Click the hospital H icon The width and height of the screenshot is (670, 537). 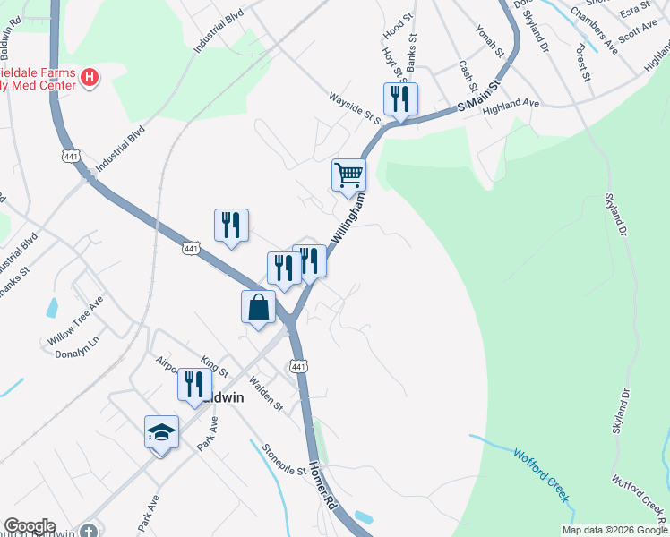tap(90, 78)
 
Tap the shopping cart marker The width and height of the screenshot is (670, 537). tap(348, 175)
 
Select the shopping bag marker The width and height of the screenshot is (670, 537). tap(258, 307)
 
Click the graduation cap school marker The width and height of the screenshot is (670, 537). tap(161, 432)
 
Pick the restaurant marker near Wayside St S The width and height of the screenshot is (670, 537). tap(400, 98)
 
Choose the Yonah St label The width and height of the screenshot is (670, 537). tap(492, 41)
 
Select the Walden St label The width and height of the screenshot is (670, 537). tap(266, 395)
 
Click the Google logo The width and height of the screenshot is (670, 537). tap(30, 526)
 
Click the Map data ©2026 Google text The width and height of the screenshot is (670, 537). tap(614, 530)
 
